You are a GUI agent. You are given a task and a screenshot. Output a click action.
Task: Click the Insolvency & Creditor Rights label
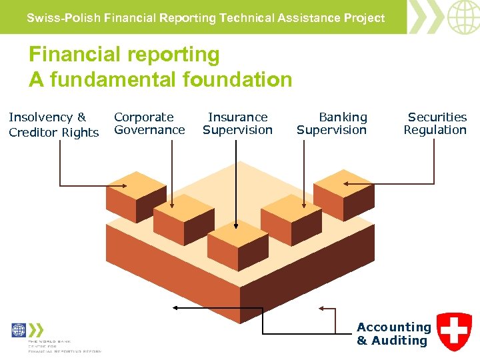click(53, 125)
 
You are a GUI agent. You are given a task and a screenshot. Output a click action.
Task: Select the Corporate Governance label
click(149, 123)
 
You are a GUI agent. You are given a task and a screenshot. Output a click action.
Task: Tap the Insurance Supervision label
click(237, 123)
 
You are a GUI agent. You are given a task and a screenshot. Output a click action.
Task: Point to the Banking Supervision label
click(331, 123)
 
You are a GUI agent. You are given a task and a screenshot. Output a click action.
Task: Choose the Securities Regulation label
click(435, 123)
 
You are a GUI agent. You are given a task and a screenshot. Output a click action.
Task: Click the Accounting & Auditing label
click(393, 333)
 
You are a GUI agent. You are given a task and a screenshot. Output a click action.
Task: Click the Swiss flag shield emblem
click(454, 331)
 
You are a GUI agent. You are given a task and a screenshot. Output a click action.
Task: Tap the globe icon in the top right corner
click(462, 17)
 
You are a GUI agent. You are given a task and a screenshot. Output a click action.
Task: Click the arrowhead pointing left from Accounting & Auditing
click(175, 308)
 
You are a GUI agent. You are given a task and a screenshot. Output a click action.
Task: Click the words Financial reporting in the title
click(124, 54)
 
